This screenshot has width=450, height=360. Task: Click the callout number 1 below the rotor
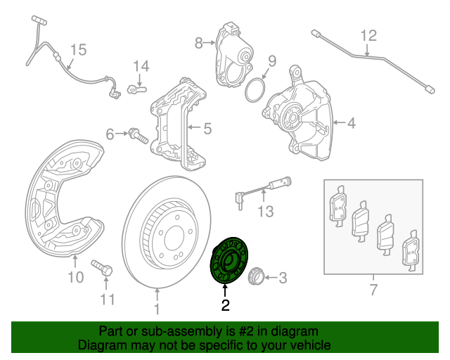coord(157,308)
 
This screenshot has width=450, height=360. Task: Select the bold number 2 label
coord(225,305)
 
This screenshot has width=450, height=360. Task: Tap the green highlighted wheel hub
coord(230,261)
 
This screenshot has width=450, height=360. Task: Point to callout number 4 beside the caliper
coord(351,124)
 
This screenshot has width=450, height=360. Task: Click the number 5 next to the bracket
coord(207,129)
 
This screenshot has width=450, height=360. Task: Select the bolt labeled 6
coord(138,134)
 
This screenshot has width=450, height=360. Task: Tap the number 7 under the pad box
coord(373,290)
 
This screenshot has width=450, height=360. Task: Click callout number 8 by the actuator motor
coord(198,42)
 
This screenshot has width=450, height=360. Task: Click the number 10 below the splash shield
coord(75,278)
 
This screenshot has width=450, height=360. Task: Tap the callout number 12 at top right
coord(369,35)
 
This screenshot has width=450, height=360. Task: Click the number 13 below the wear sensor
coord(264,212)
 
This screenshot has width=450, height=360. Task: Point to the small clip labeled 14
coord(136,88)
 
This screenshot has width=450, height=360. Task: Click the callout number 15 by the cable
coord(77,49)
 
